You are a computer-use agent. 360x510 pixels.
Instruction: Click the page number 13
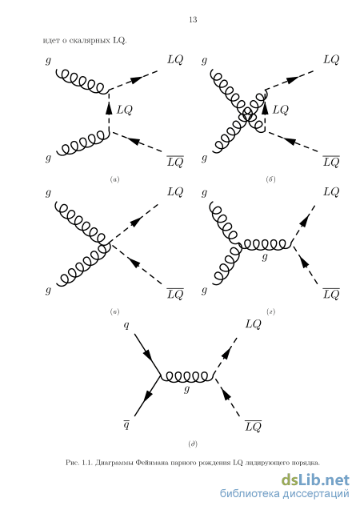(193, 19)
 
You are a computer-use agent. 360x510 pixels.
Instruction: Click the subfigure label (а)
(114, 179)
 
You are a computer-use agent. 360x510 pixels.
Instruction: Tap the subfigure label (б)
(270, 179)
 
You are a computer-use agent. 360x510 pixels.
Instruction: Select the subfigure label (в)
(114, 312)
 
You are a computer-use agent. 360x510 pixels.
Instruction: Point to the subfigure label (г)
(270, 312)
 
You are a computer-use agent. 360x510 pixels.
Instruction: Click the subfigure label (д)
(193, 444)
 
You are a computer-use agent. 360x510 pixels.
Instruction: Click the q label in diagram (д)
(126, 325)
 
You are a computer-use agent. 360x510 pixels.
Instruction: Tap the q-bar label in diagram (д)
(126, 424)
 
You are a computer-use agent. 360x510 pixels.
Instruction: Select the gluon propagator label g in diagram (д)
(186, 389)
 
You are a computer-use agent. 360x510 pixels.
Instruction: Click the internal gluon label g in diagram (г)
(265, 257)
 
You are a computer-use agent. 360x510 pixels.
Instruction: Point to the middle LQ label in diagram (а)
(125, 110)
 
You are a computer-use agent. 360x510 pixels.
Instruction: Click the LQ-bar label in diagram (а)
(175, 161)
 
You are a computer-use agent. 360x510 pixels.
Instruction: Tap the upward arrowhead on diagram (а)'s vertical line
(109, 107)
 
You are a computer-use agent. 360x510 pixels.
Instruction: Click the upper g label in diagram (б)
(204, 61)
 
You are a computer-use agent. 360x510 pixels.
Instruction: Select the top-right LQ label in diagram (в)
(175, 192)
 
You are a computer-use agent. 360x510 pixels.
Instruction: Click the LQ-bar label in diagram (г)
(331, 293)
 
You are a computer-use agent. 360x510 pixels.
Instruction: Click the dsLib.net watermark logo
(315, 480)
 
